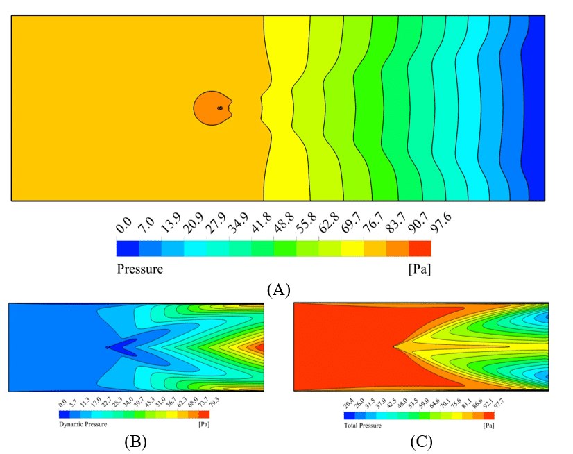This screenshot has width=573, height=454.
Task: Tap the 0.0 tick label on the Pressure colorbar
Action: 124,227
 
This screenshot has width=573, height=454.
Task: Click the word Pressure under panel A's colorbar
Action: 139,269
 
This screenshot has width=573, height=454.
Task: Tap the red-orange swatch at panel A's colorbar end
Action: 420,249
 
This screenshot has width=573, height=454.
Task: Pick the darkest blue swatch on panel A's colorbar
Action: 128,249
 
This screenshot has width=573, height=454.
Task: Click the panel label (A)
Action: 278,290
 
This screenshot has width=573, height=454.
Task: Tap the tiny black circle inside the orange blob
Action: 220,108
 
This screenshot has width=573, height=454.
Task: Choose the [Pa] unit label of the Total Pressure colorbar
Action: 488,423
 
